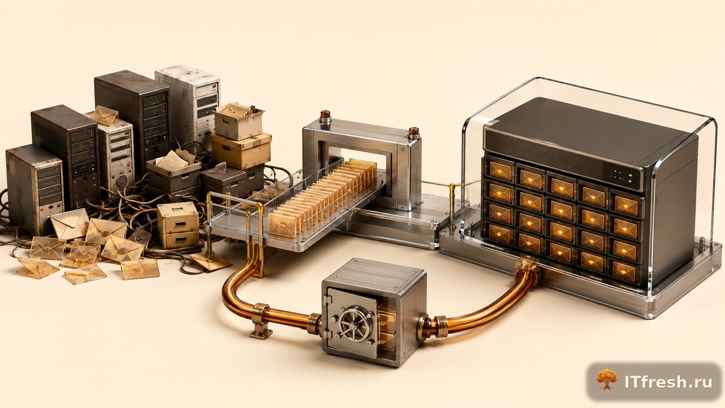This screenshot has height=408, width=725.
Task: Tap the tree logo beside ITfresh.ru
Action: [x=607, y=381]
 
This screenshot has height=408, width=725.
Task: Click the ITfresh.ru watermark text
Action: [x=668, y=382]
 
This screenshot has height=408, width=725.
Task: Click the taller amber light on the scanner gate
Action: [x=325, y=115]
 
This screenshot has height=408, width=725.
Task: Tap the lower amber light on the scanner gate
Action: [x=414, y=132]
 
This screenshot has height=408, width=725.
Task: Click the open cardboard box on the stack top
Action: [x=238, y=121]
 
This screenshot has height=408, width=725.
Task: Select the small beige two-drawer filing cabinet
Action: [x=178, y=225]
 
